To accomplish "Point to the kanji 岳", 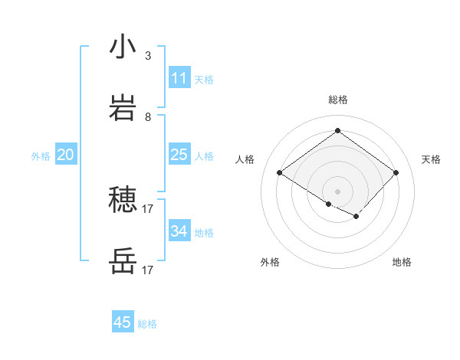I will point(123,261).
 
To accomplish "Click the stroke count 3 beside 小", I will point(148,56).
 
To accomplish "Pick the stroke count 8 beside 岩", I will point(148,117).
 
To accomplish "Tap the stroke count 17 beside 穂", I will point(148,208).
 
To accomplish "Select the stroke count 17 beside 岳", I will point(148,270).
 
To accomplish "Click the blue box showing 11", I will point(179,78).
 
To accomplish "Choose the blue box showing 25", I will point(179,155).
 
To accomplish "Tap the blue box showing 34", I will point(179,231).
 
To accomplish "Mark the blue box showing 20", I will point(66,155).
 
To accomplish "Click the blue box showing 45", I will point(123,322).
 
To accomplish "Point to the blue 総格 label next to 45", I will point(147,324).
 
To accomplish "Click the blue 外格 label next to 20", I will point(41,156).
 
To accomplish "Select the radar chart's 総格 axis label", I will point(337,100).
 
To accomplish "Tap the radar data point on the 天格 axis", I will point(396,172).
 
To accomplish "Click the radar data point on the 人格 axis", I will point(280,172).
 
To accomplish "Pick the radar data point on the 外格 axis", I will point(329,205).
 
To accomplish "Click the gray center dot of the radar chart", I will point(337,191).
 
